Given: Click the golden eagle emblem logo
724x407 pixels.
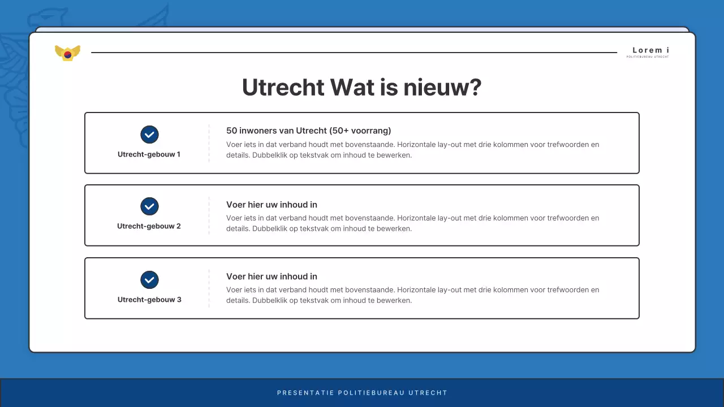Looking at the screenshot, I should [x=67, y=53].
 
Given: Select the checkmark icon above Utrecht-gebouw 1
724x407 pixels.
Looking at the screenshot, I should [x=149, y=135].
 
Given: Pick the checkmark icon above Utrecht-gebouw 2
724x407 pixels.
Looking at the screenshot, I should [x=149, y=206].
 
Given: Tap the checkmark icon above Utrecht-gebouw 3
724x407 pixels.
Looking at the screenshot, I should [x=149, y=280].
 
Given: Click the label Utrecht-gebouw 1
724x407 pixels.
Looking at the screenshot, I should [x=149, y=154].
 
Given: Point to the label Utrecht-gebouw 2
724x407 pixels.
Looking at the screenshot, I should [x=149, y=226].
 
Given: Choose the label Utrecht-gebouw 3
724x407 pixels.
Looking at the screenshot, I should [x=149, y=300].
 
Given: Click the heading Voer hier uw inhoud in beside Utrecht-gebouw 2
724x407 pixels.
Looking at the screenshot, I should [x=271, y=205].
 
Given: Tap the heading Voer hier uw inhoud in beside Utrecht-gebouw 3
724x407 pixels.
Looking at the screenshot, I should [x=271, y=276].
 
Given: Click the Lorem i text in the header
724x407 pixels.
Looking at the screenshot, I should [x=650, y=50].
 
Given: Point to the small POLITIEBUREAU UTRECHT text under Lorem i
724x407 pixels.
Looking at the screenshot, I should [x=648, y=57].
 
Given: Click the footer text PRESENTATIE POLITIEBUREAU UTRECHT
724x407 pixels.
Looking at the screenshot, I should [x=362, y=393].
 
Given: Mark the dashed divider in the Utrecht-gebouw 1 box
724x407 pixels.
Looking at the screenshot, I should [x=209, y=143].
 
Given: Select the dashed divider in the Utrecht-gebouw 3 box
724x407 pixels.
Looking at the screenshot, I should [x=209, y=288].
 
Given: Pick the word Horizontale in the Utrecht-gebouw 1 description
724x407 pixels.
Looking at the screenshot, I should [x=416, y=145].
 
